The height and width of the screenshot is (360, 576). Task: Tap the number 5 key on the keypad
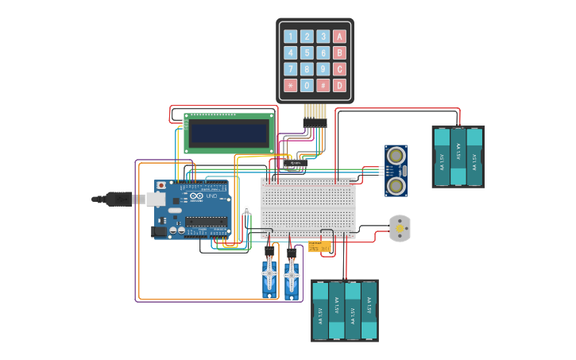coord(307,52)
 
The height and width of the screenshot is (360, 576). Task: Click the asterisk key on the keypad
coord(290,85)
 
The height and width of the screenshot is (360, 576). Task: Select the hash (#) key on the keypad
coord(323,85)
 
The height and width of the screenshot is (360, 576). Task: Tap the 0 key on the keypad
coord(307,85)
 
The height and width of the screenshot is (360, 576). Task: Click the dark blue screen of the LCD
coord(229,134)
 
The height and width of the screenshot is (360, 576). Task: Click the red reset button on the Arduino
coord(162,185)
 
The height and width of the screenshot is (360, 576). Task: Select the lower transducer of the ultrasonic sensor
coord(396,185)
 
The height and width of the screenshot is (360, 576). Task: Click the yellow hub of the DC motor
coord(399,229)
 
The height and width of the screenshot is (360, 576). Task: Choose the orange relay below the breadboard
coord(319,247)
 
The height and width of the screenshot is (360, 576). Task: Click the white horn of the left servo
coord(269,274)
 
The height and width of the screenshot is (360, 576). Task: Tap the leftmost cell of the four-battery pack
coord(320,310)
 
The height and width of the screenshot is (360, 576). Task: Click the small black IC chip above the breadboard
coord(296,165)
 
